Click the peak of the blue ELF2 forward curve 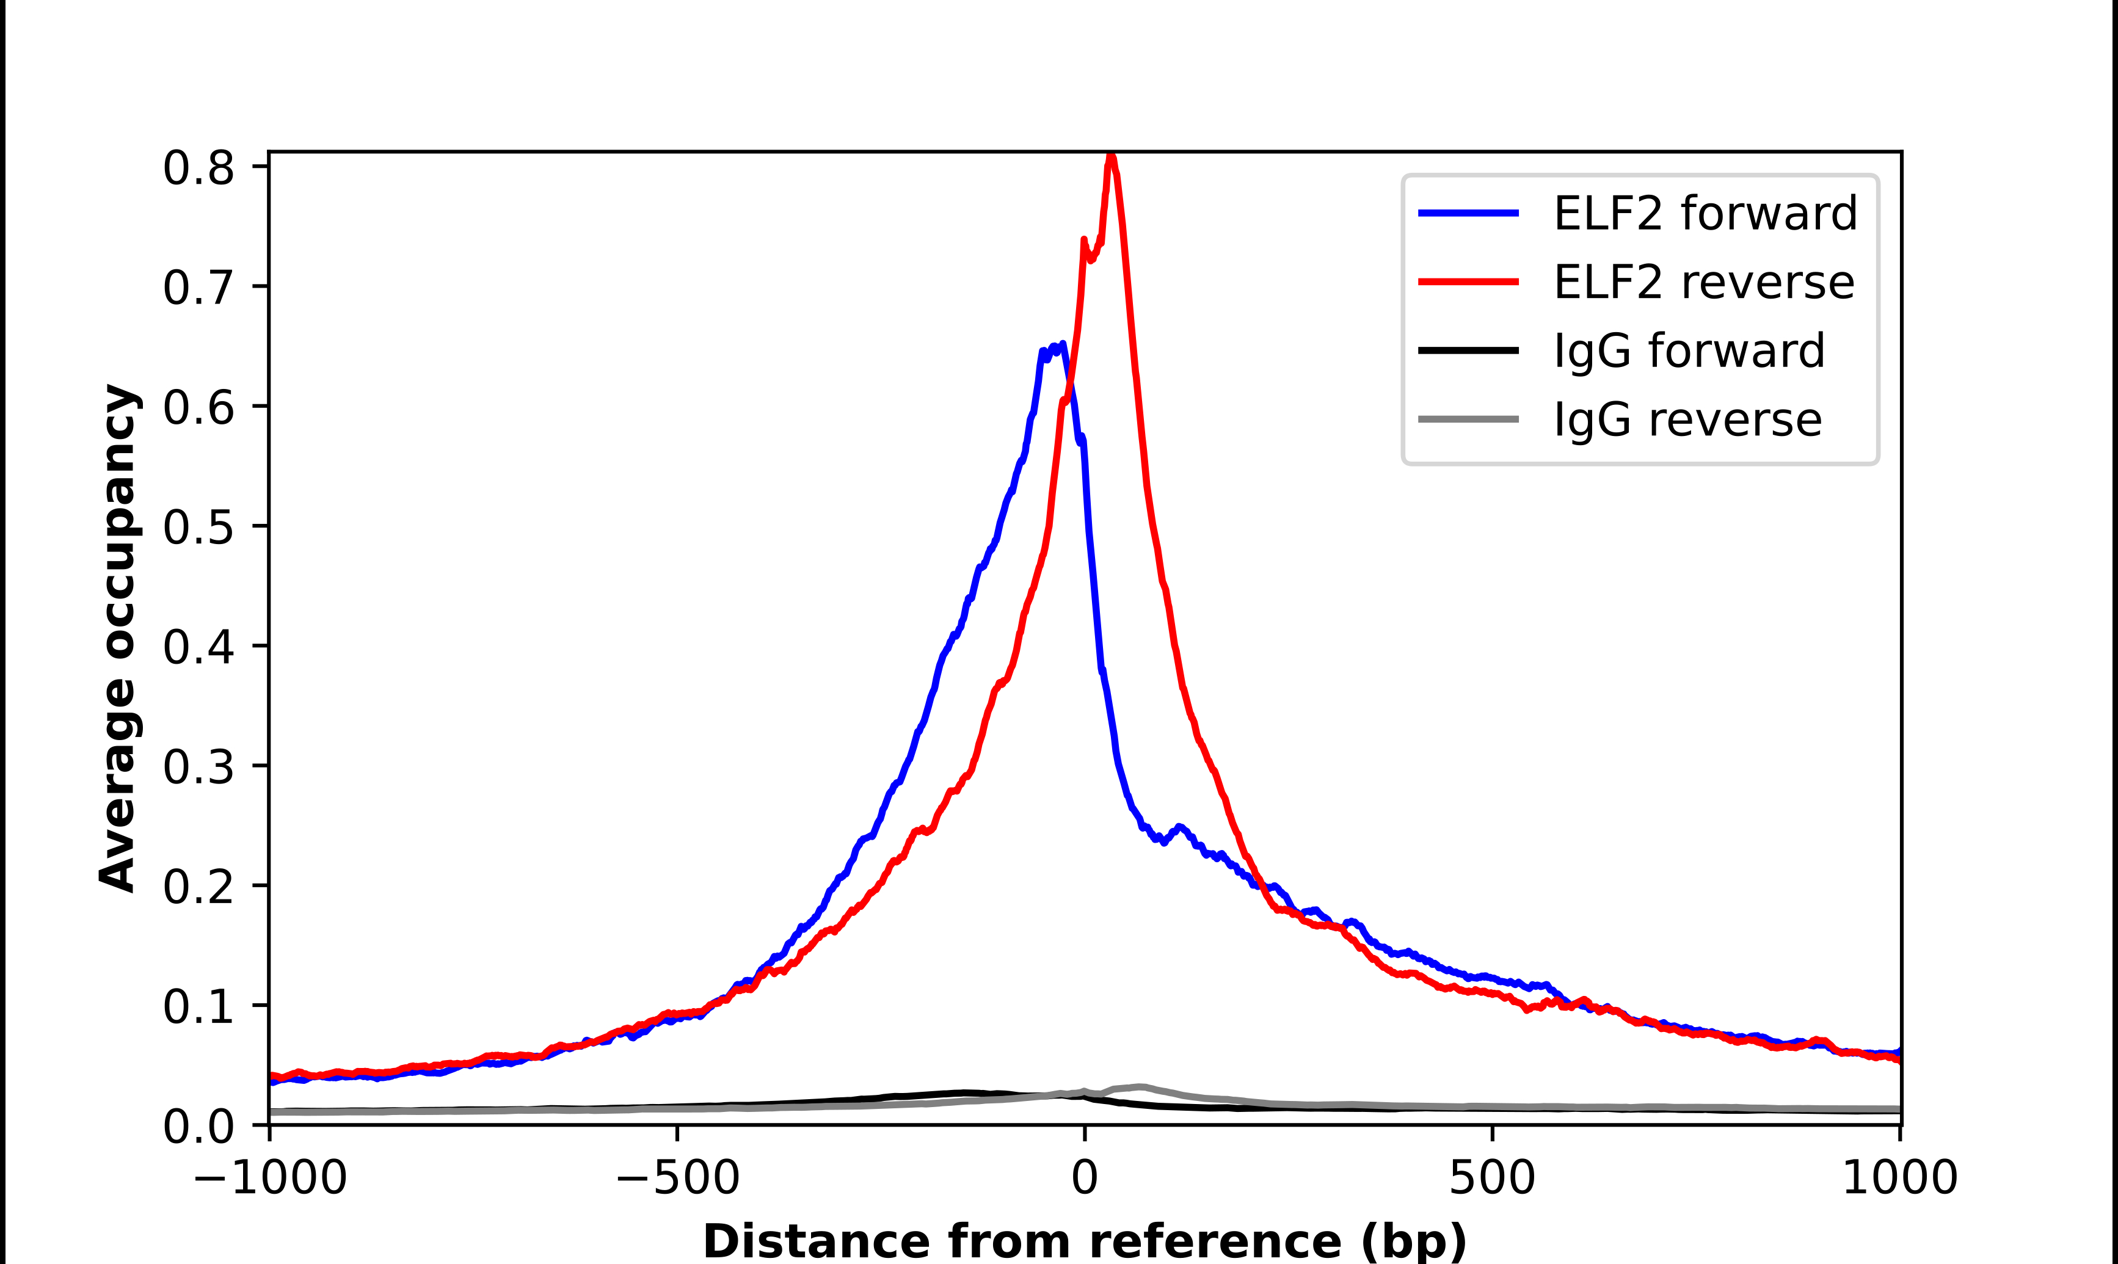1062,345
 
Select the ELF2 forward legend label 1705,213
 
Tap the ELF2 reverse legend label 1703,282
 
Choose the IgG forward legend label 1689,351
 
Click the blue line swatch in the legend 1468,213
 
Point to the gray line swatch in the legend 1468,419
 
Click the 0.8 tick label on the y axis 198,168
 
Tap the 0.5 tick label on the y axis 198,527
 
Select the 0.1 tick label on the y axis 198,1006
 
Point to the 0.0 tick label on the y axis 198,1126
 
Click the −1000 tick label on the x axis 270,1178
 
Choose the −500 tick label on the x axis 677,1178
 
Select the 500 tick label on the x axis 1492,1178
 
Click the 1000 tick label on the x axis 1900,1178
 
